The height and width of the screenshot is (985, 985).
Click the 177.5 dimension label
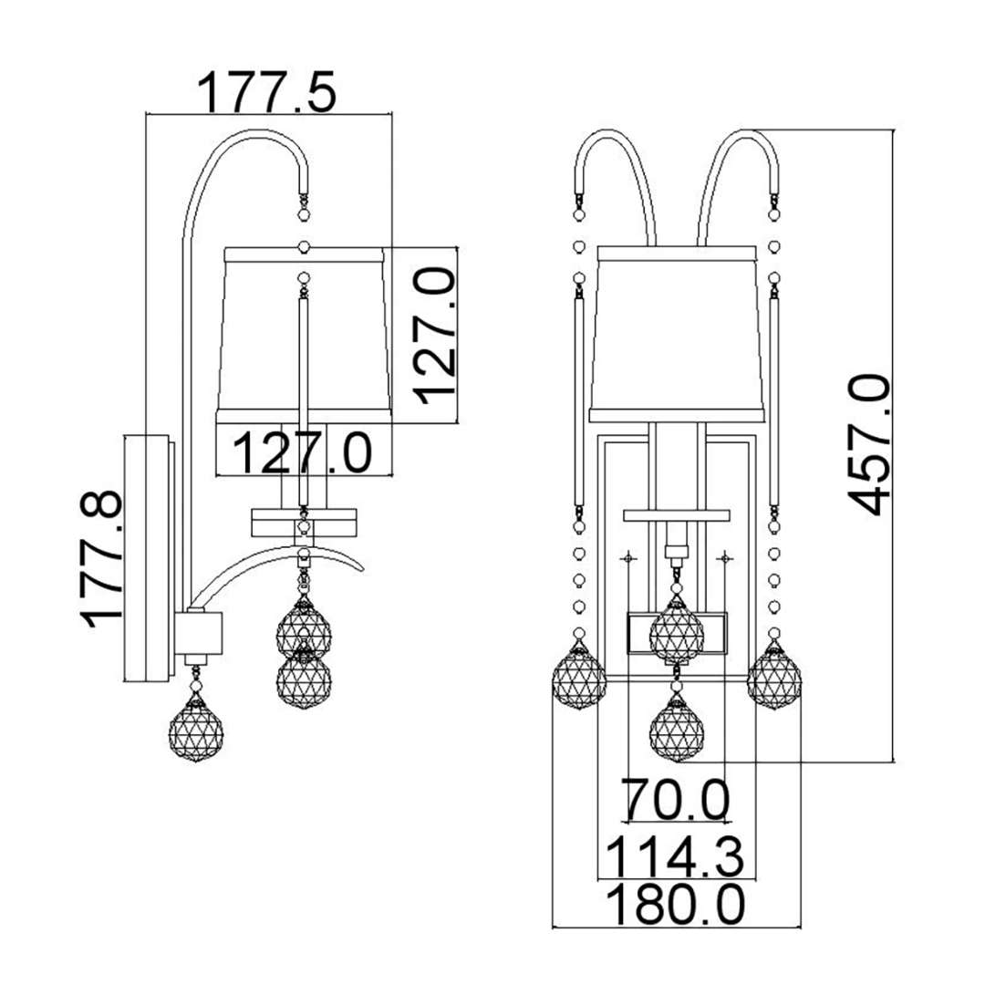coord(267,92)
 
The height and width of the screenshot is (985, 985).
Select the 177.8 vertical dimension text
coord(101,560)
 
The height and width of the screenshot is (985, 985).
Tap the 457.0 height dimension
coord(869,445)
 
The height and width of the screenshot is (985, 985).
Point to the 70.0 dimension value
coord(675,800)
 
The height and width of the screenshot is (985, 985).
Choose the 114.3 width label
coord(675,856)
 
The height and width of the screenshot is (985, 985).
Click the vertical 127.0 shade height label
coord(434,335)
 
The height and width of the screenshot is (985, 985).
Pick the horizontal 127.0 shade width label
coord(302,452)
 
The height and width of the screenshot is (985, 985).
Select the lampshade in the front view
coord(677,334)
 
